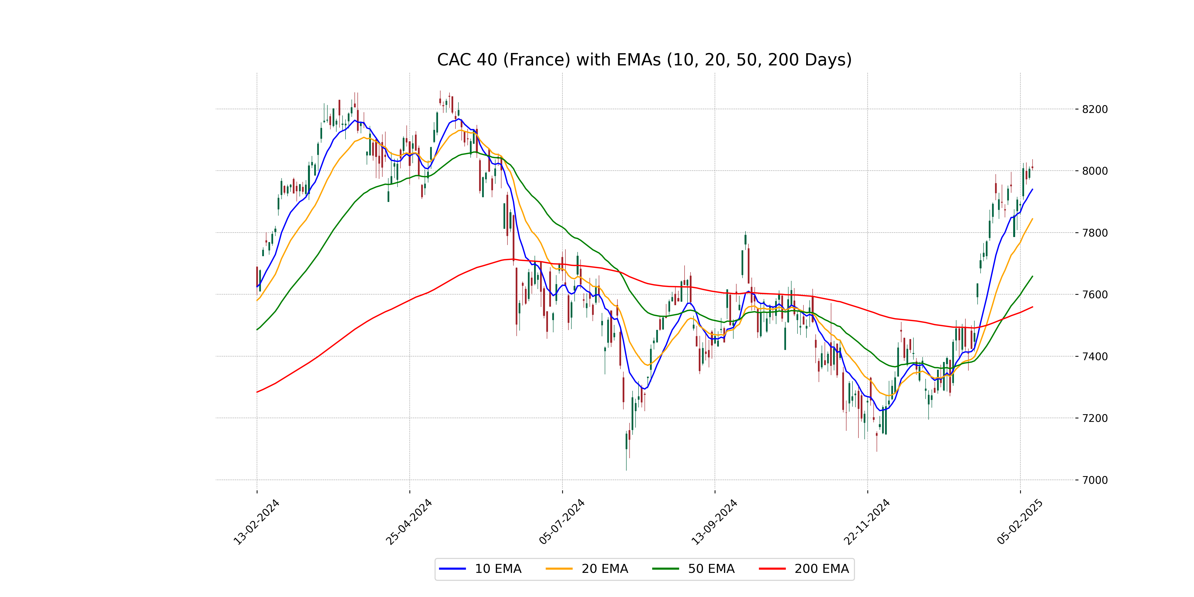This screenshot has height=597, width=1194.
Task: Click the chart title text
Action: click(644, 60)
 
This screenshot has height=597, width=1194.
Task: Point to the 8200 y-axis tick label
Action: click(1095, 109)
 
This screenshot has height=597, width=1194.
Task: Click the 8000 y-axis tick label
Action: click(1095, 171)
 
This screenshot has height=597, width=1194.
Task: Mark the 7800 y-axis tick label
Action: click(1095, 233)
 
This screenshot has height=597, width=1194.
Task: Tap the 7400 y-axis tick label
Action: click(1095, 356)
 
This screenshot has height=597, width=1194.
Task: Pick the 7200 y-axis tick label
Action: click(1095, 418)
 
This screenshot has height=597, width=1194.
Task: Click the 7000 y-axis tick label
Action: click(1095, 480)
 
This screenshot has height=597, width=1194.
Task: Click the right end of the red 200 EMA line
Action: click(1032, 307)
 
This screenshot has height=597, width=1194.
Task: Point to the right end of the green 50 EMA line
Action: click(1032, 276)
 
